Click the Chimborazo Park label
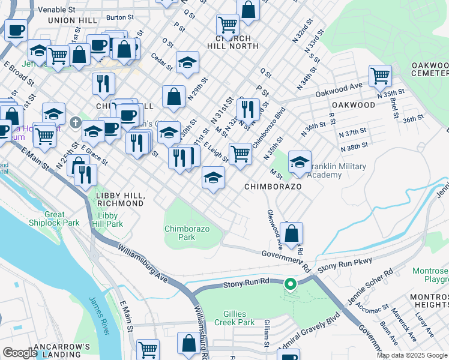click(x=180, y=232)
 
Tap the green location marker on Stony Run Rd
click(x=290, y=284)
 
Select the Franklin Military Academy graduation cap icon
click(x=300, y=161)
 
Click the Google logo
click(x=19, y=353)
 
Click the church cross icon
click(x=75, y=122)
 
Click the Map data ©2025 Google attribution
click(x=412, y=355)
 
